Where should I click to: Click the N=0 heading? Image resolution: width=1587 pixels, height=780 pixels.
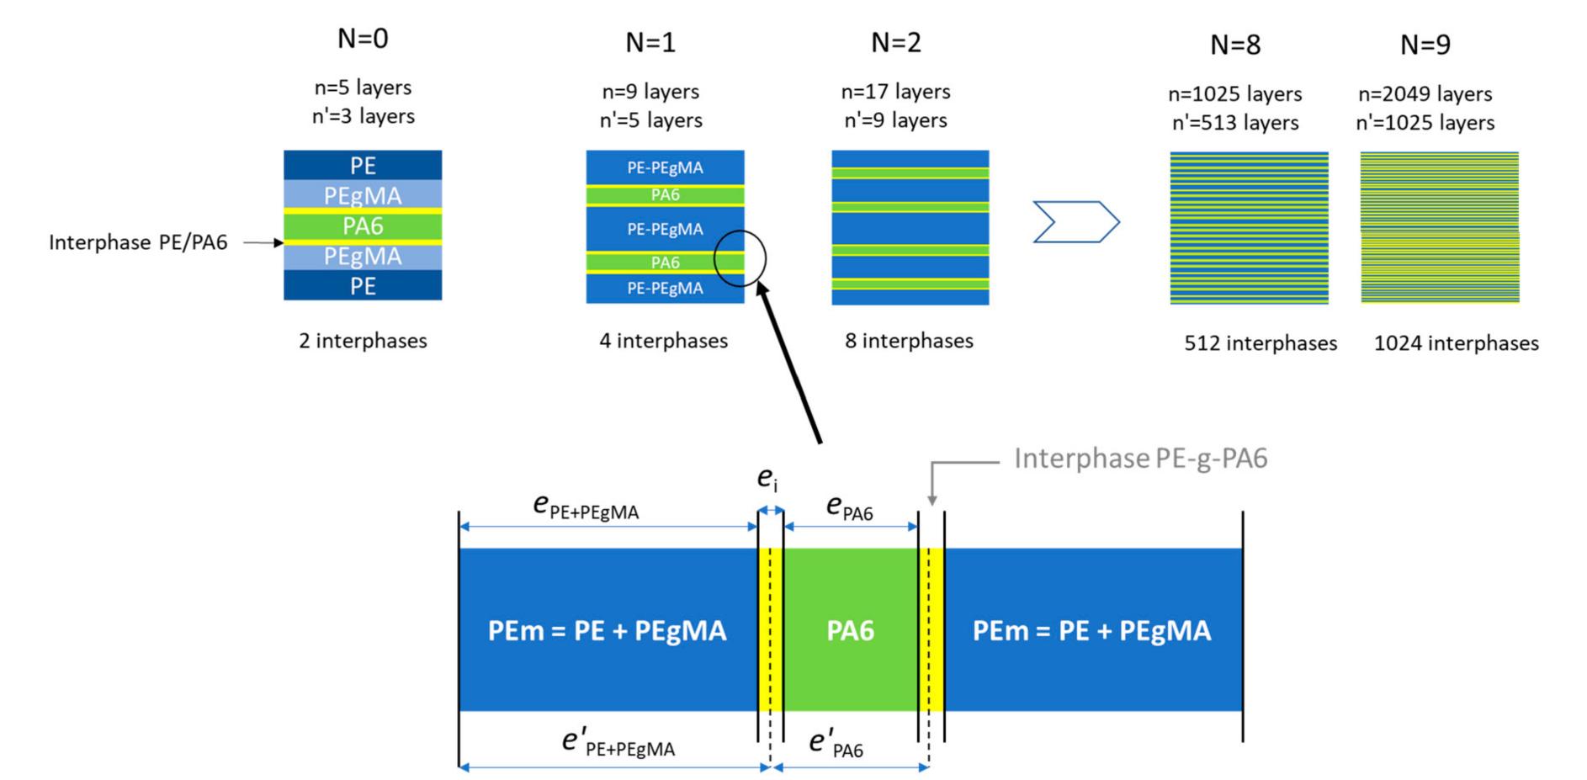coord(363,38)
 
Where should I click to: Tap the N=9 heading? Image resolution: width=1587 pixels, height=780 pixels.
coord(1425,44)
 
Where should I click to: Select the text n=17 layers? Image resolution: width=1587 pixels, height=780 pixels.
coord(895,91)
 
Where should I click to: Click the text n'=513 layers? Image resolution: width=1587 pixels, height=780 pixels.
coord(1234,123)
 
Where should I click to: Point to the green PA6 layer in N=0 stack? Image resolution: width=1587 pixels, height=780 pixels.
coord(363,226)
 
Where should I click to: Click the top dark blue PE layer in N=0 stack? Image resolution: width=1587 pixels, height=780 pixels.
coord(363,165)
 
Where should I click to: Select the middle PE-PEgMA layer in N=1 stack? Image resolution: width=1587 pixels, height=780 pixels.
coord(665,229)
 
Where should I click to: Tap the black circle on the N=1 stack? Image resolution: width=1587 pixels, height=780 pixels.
coord(740,258)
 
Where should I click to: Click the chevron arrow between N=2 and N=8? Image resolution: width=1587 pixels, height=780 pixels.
coord(1075,222)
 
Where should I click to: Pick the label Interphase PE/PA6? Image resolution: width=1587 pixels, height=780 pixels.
coord(138,242)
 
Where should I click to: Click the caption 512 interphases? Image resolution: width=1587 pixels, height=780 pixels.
coord(1260,343)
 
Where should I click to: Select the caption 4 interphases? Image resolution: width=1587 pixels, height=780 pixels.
coord(663,341)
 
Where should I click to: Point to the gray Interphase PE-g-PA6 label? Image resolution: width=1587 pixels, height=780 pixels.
coord(1140,458)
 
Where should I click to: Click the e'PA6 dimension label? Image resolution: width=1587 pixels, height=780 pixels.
coord(836,743)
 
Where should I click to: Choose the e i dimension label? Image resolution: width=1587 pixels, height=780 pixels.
coord(767,479)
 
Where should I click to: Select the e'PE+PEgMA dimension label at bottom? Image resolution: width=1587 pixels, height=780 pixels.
coord(618,743)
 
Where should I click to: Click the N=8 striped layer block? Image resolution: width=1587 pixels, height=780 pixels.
coord(1249,227)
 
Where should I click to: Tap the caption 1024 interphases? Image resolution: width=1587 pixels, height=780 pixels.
coord(1456,343)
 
